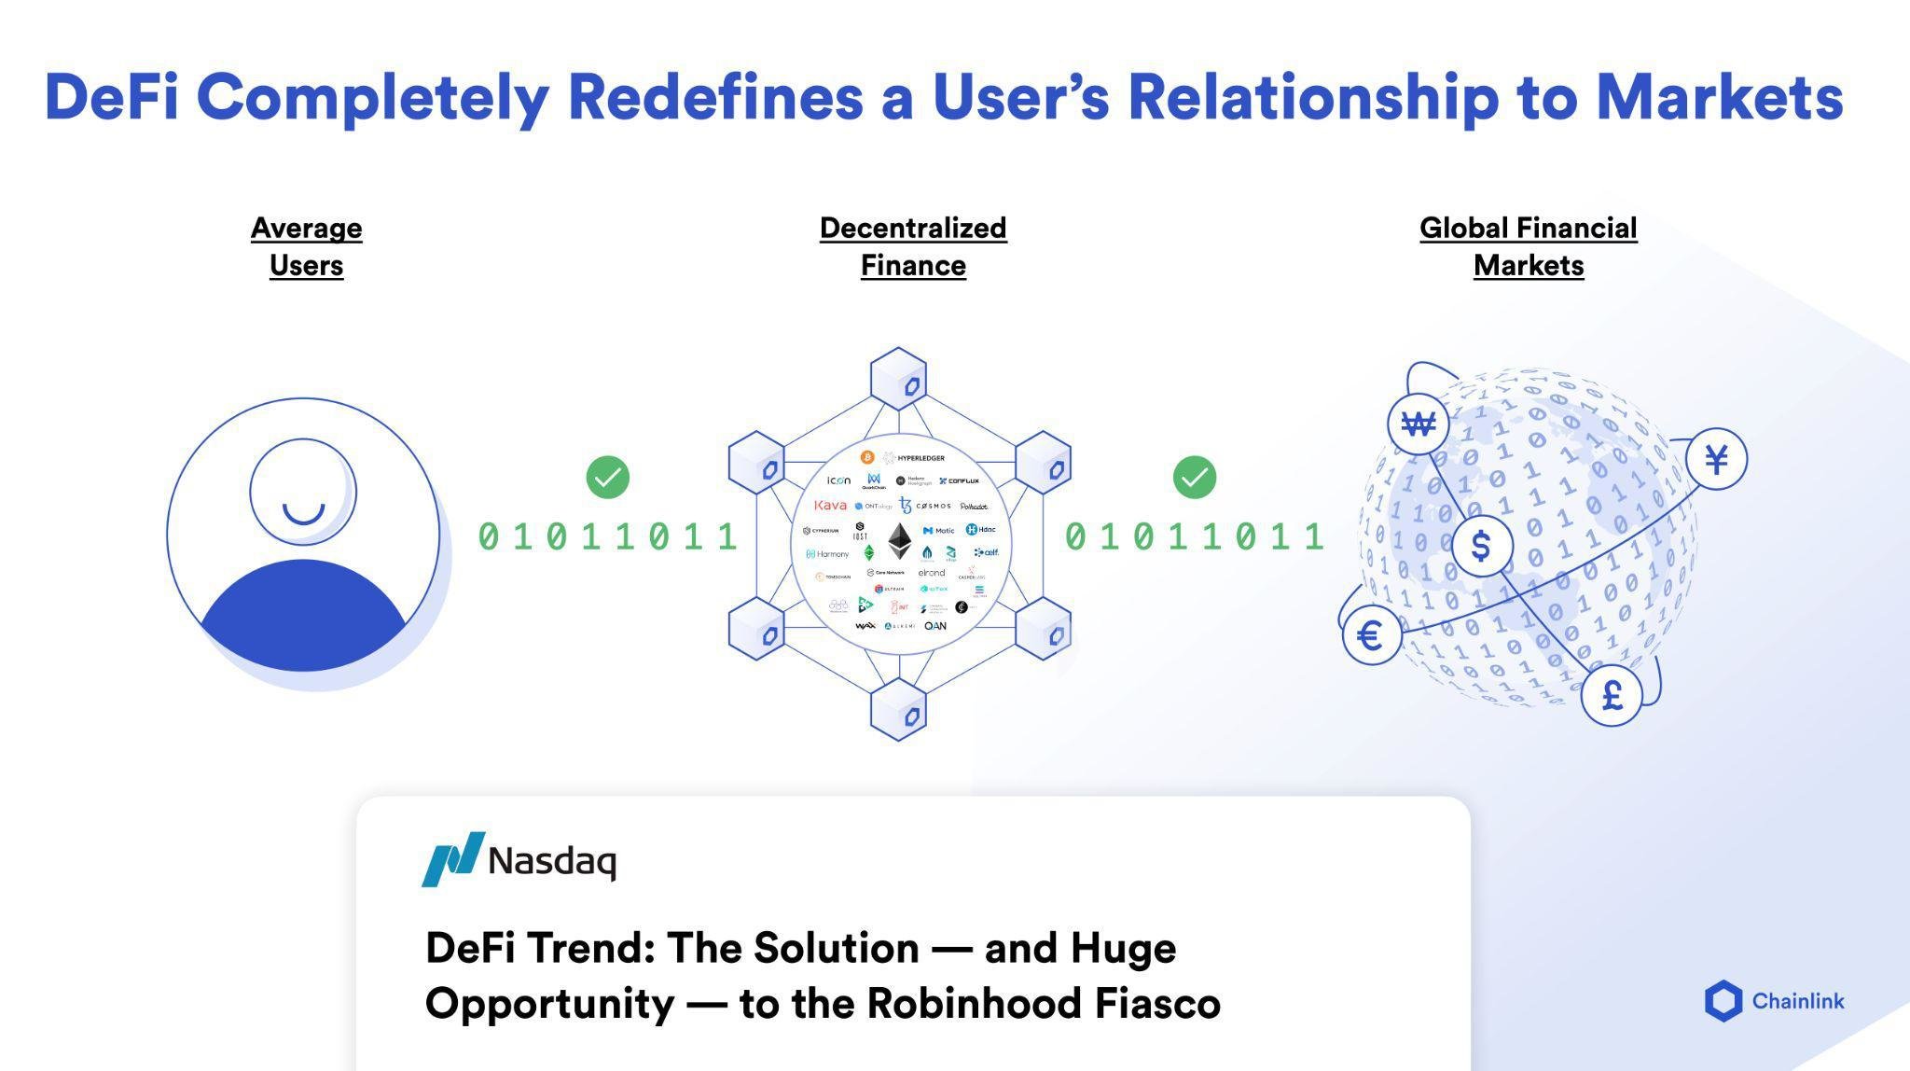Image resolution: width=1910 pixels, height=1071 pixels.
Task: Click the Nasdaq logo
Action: (519, 859)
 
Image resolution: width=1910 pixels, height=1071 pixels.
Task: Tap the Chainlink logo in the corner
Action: (1773, 1001)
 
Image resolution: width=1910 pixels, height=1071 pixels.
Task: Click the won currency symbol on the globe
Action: (1418, 424)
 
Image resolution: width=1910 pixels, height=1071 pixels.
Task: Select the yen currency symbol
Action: (1716, 459)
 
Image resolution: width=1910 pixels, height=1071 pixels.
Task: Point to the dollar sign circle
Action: (1481, 546)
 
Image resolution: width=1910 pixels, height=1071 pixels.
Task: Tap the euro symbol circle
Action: (1370, 636)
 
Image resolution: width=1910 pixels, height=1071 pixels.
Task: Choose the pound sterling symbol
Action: (1612, 695)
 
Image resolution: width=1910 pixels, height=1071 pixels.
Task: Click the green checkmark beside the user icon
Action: (607, 478)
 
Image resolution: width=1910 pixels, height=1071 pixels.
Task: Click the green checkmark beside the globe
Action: (1194, 478)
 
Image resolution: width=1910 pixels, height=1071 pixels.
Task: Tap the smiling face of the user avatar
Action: (303, 493)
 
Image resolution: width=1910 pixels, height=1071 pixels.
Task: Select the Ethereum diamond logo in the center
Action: (899, 540)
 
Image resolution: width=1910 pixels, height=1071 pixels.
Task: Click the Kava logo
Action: (830, 506)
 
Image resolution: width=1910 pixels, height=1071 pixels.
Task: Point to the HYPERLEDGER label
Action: (920, 458)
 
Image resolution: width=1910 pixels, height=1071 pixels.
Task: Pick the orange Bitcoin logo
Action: (866, 457)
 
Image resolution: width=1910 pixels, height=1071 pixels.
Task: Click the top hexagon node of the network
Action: (898, 379)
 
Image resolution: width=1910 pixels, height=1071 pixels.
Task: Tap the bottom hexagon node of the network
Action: (898, 710)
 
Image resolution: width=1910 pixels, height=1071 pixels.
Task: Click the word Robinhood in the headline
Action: (974, 1004)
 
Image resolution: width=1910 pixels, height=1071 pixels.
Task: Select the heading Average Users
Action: (306, 246)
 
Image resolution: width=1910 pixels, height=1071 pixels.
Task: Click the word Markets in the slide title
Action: (1719, 97)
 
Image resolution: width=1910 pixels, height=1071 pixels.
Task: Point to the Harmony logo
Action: (827, 554)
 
